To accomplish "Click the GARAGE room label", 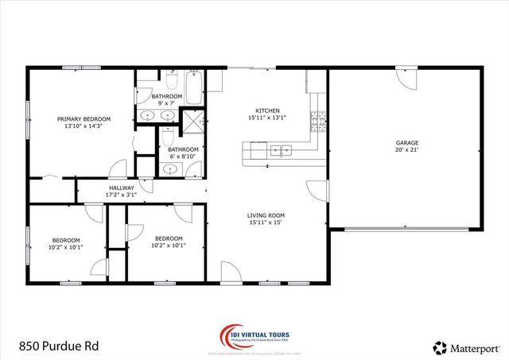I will coord(406,141).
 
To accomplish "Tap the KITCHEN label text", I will coord(266,110).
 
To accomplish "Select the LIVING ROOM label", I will coord(266,215).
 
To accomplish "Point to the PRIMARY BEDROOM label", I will coord(84,119).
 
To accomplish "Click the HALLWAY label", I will coord(121,188).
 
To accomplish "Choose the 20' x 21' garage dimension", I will coord(406,149).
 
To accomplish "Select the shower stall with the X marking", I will coord(192,122).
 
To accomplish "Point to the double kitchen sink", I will coord(280,149).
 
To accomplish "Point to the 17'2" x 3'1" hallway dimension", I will coord(121,195).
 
